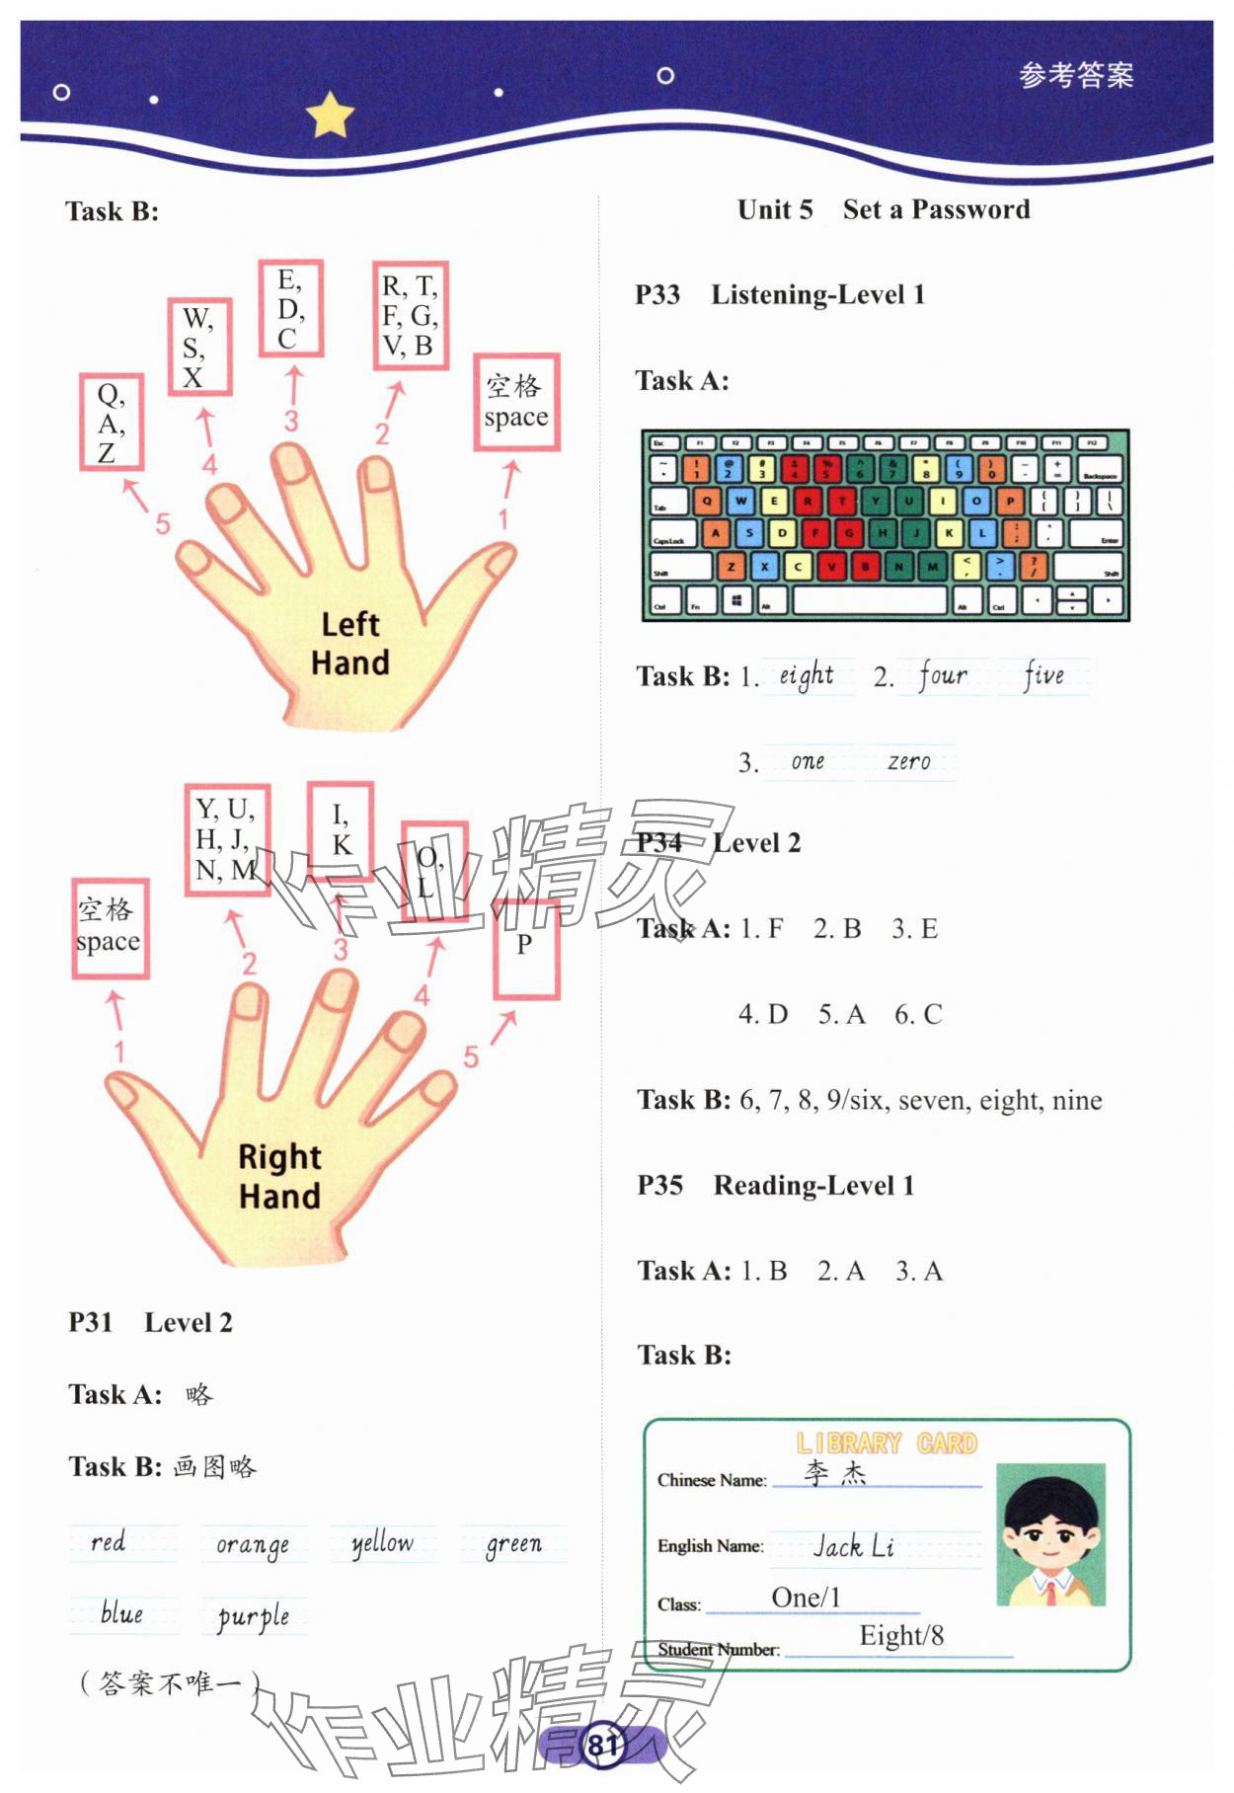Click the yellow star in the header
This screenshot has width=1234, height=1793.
pos(330,116)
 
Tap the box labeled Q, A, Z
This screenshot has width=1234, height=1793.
pos(112,423)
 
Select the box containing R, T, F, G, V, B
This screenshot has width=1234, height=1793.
pos(410,316)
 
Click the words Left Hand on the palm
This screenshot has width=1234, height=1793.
pos(350,643)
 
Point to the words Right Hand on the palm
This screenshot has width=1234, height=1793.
pos(279,1176)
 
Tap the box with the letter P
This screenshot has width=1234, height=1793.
pos(526,949)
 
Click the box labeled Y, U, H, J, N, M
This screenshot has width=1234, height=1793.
pos(227,839)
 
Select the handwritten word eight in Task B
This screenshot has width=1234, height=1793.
pos(807,675)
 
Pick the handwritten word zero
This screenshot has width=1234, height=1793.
pos(908,761)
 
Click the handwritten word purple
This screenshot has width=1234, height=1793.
pos(254,1616)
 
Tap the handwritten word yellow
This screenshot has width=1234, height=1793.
pos(383,1543)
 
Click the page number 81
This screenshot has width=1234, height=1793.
pos(602,1746)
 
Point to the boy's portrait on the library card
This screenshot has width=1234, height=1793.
pos(1050,1533)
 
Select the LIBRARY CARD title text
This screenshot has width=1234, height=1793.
pos(887,1443)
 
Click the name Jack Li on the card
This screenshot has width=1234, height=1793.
pos(854,1546)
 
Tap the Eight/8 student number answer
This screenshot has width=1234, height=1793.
pos(901,1636)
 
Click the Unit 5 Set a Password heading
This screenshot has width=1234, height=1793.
pos(884,209)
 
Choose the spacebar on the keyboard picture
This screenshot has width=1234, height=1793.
pos(869,599)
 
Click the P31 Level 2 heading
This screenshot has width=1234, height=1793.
pos(150,1323)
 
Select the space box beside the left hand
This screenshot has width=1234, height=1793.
pos(516,402)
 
